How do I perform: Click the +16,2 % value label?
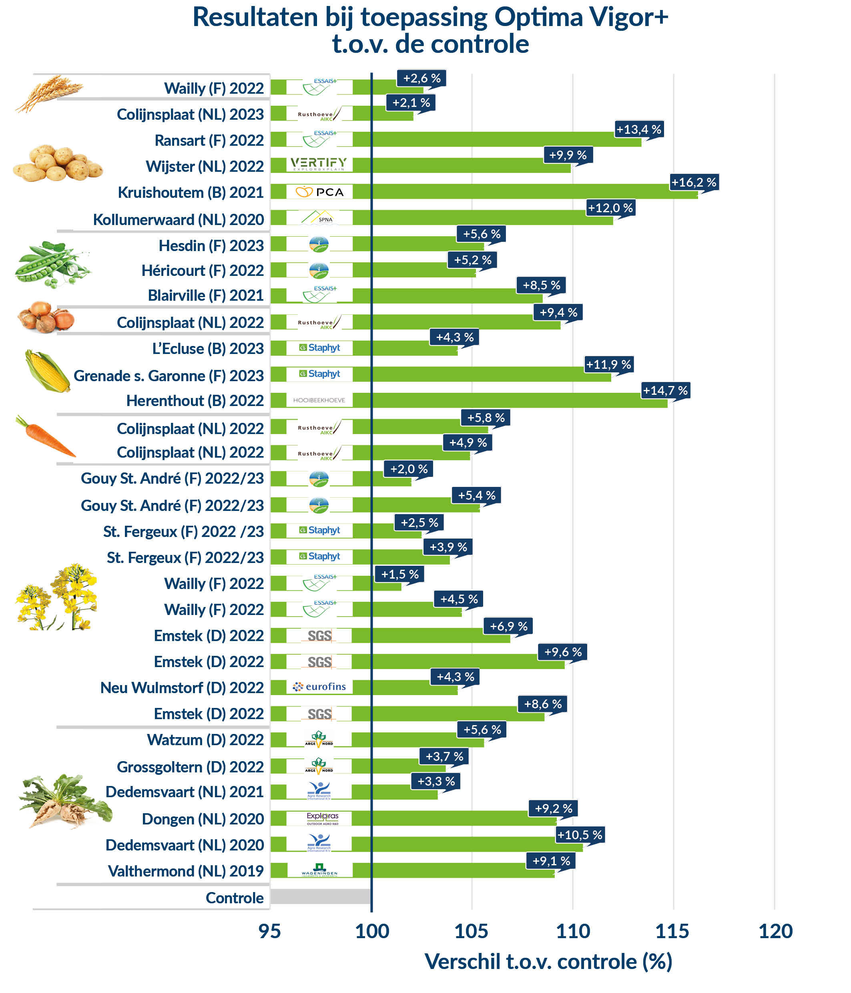coord(693,182)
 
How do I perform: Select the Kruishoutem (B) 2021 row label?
coord(190,193)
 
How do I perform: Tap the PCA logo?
coord(319,192)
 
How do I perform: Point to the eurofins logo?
coord(319,687)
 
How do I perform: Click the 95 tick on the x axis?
coord(270,931)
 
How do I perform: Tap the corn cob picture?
coord(47,370)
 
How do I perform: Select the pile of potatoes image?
coord(58,164)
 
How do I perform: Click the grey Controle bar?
coord(320,897)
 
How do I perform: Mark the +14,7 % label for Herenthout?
coord(665,390)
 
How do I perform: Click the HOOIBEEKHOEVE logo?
coord(319,400)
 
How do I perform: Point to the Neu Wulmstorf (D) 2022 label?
coord(182,688)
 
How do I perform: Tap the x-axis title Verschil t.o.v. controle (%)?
coord(548,962)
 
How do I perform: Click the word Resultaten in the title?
coord(255,17)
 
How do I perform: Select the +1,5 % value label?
coord(399,574)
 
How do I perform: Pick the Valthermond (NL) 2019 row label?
coord(185,871)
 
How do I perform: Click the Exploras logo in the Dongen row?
coord(323,818)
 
